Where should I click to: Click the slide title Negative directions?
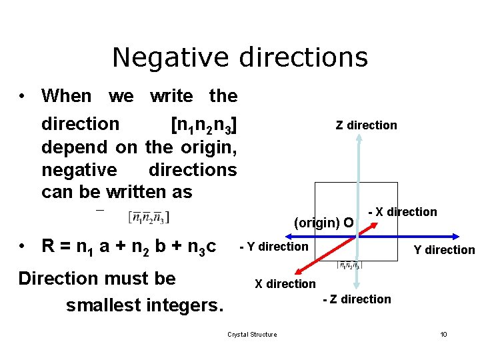[240, 57]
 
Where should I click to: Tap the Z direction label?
[366, 125]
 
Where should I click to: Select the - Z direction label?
[357, 299]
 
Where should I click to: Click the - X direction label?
[403, 212]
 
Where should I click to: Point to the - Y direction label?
[274, 247]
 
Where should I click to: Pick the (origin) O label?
[323, 223]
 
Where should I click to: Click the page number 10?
[443, 334]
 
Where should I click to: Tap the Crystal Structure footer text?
[252, 334]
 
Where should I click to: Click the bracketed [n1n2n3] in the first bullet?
[203, 125]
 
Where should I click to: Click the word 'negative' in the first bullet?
[79, 169]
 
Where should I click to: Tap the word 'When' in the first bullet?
[66, 96]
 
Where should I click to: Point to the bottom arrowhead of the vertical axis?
[359, 287]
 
